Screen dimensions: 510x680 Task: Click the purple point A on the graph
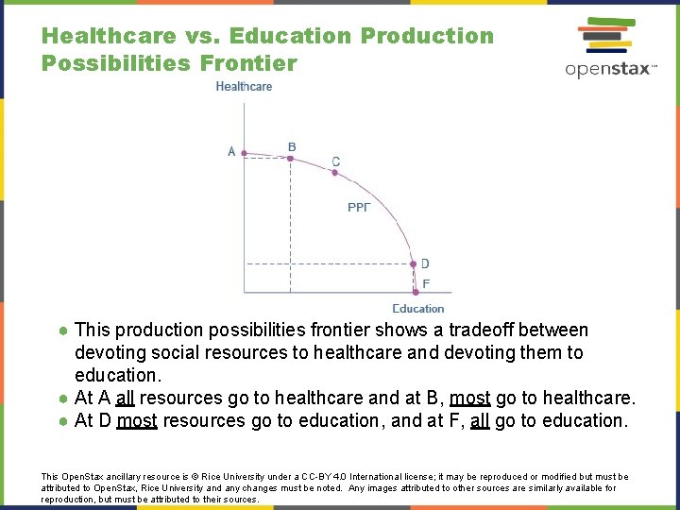click(244, 152)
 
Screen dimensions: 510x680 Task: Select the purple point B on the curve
click(290, 158)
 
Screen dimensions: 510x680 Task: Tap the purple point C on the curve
click(332, 173)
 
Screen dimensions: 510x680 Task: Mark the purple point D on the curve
click(412, 264)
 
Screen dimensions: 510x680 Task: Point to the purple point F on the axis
click(416, 292)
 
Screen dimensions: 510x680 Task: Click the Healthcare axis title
click(244, 86)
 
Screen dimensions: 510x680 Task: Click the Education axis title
click(418, 309)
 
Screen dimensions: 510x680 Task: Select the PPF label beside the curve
click(359, 207)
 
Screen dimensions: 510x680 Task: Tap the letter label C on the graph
click(336, 161)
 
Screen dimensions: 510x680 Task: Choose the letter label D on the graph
click(425, 263)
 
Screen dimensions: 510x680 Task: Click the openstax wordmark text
click(609, 69)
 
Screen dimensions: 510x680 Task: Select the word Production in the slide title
click(427, 36)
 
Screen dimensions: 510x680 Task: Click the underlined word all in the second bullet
click(124, 398)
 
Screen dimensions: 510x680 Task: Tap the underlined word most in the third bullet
click(137, 420)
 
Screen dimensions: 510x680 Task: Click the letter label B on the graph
click(292, 146)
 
